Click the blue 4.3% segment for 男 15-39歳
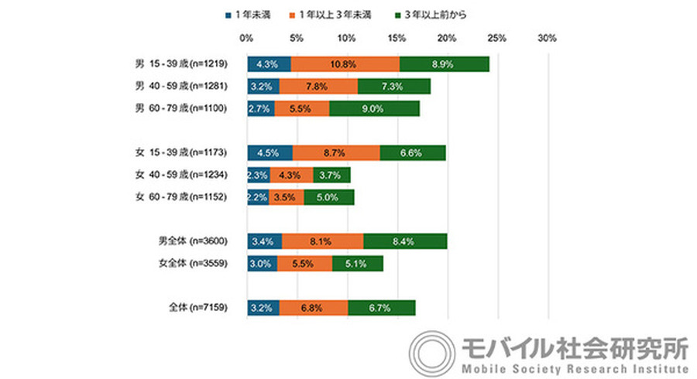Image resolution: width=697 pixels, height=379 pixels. (x=269, y=64)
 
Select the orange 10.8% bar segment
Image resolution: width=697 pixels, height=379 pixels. (x=345, y=64)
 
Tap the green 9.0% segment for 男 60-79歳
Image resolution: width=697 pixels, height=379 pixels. (x=374, y=109)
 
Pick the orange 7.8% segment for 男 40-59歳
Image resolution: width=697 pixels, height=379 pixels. (x=318, y=87)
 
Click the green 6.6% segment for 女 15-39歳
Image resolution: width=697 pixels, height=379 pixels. (x=412, y=153)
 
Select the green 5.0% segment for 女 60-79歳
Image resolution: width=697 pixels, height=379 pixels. (x=328, y=198)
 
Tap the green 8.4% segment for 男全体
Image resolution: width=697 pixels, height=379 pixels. (x=405, y=241)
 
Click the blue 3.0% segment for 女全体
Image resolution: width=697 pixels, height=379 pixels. (x=262, y=264)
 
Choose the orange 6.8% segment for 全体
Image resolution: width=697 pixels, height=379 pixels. (x=314, y=308)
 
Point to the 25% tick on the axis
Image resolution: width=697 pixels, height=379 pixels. (x=497, y=38)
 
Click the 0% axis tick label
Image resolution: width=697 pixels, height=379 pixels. (x=246, y=38)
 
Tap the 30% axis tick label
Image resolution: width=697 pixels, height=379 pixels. (x=548, y=38)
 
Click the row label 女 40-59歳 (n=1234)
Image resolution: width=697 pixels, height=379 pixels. (x=180, y=176)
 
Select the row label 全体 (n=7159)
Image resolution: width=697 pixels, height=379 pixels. (x=197, y=308)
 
